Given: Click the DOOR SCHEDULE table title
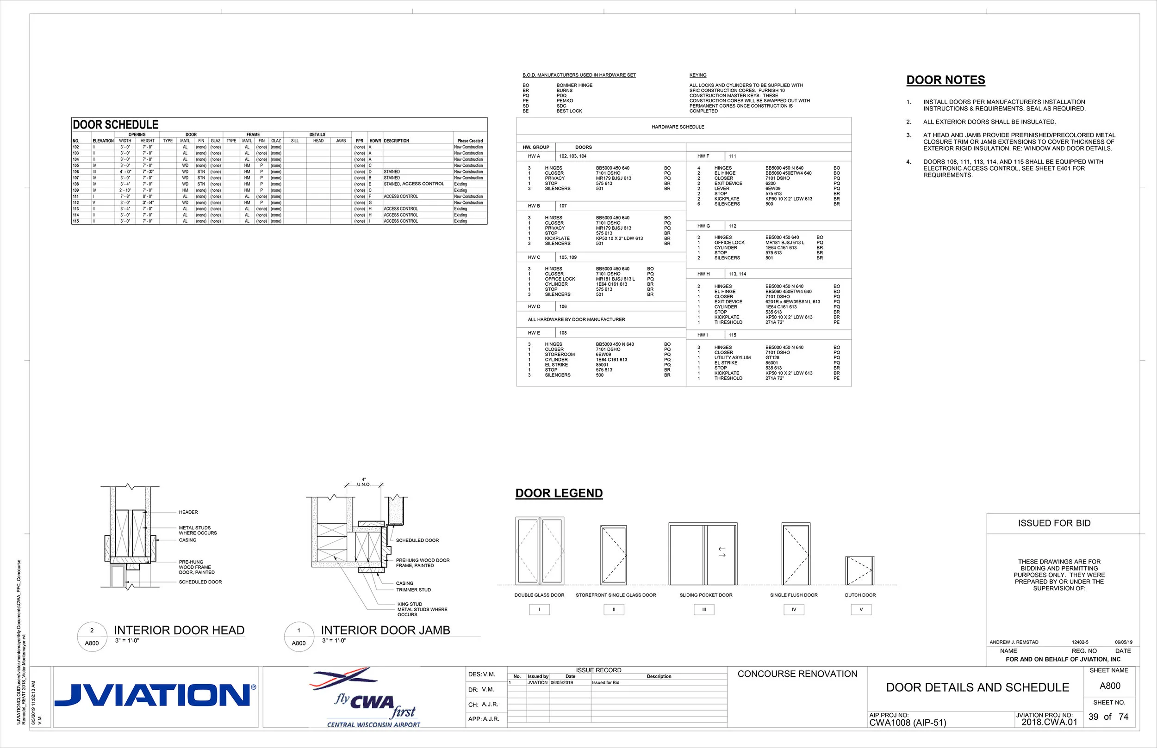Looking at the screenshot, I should [x=116, y=124].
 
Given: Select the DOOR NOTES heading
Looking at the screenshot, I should [x=946, y=80].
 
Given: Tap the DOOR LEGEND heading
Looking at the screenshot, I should [x=559, y=493].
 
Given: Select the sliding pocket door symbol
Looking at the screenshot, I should [x=703, y=554].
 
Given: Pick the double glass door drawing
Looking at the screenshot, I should [x=540, y=550].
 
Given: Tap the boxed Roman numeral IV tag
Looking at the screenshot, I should [x=794, y=610].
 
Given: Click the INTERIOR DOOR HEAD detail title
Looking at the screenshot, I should [x=179, y=630].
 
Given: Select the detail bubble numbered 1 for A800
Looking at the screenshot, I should [x=299, y=637].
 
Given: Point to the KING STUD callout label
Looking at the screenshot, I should [x=409, y=604].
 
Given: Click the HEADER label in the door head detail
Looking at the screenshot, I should [x=188, y=512].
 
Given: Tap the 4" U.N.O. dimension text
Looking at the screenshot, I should [x=364, y=482].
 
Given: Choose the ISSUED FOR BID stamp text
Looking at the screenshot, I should [x=1054, y=523].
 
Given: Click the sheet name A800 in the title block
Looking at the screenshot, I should [x=1110, y=686].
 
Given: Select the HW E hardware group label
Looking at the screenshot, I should [x=534, y=333].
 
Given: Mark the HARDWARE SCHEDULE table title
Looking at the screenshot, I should [x=678, y=127].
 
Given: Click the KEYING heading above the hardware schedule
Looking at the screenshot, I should [x=697, y=75].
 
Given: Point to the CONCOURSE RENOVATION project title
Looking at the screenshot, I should [x=797, y=674].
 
